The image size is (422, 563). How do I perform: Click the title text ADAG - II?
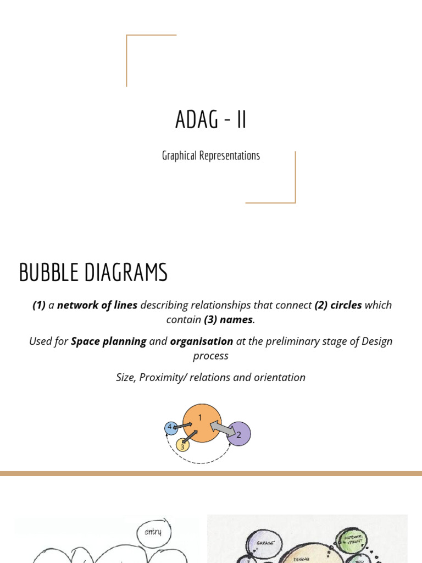tap(211, 120)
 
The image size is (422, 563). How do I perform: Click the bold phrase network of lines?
tap(97, 305)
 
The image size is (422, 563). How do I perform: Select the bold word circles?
tap(346, 305)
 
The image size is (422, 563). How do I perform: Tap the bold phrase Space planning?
tap(109, 341)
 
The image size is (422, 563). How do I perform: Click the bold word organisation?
tap(202, 341)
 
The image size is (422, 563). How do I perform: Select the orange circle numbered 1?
tap(202, 422)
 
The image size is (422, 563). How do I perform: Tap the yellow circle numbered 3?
tap(182, 445)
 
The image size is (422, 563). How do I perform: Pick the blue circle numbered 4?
tap(171, 427)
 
